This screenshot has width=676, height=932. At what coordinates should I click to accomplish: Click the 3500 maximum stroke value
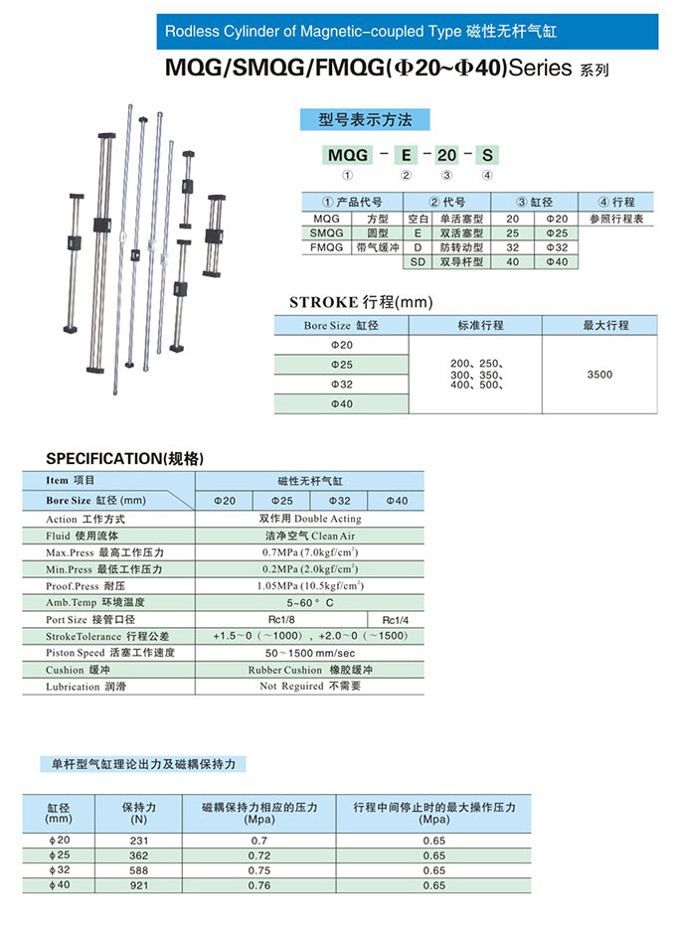[x=599, y=375]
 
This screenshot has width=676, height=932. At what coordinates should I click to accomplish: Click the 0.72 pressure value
[x=258, y=854]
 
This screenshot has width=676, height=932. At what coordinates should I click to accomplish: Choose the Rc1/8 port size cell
[x=281, y=620]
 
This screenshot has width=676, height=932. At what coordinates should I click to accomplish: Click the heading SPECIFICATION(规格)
[x=125, y=459]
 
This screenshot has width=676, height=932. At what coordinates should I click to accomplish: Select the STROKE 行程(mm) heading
[x=361, y=302]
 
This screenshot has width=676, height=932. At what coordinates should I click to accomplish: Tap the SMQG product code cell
[x=326, y=233]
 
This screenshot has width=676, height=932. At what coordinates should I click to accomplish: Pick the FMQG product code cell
[x=326, y=246]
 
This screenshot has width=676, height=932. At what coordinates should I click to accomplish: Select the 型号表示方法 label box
[x=364, y=120]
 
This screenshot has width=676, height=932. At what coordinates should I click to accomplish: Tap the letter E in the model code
[x=406, y=155]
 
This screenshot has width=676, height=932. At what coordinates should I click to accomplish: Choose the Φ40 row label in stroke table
[x=341, y=404]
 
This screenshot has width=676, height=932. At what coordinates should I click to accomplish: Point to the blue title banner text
[x=360, y=32]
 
